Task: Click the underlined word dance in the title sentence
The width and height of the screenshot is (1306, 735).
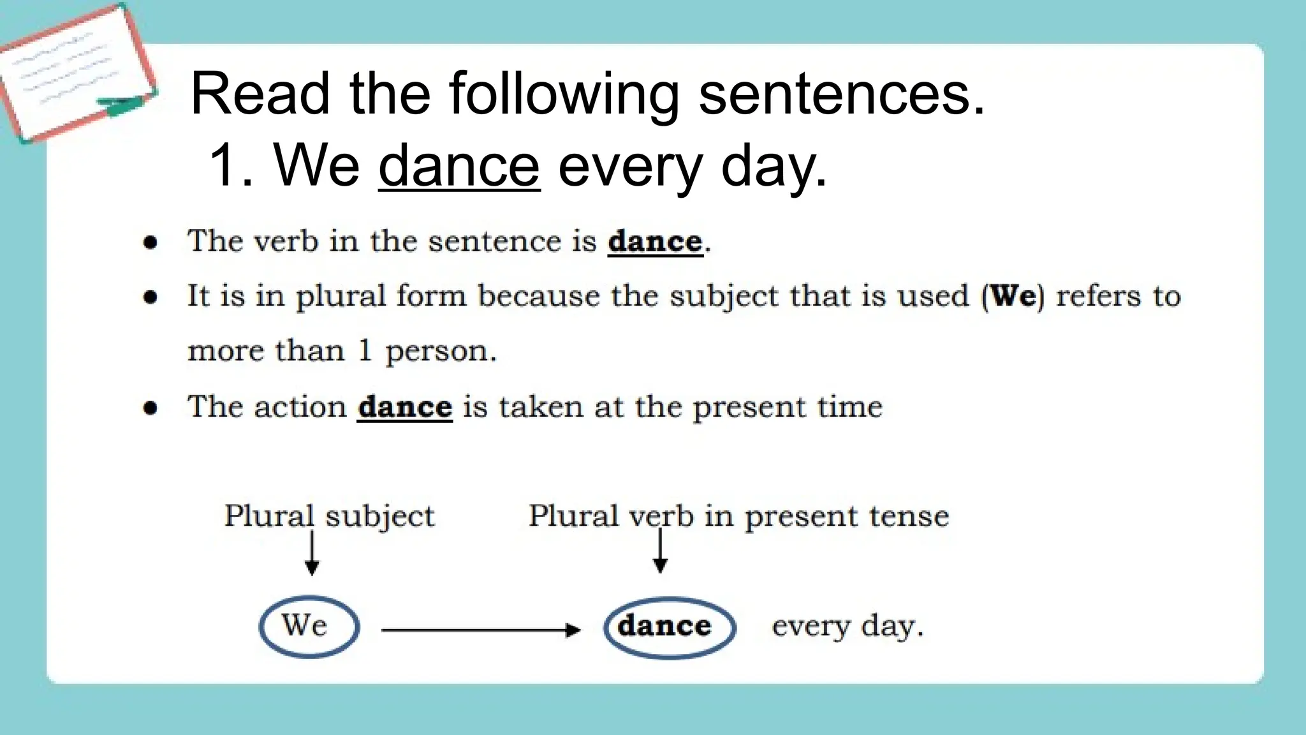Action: (459, 166)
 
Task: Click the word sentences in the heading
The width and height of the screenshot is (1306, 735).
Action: (842, 94)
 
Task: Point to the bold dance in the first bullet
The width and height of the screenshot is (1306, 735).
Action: (655, 242)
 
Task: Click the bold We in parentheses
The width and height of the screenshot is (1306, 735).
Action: (1013, 296)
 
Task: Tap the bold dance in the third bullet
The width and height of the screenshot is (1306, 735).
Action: (405, 407)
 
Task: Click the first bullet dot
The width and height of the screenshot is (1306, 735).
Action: (150, 242)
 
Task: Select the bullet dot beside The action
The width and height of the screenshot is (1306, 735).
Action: (150, 408)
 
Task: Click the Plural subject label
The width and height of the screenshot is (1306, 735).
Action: (329, 516)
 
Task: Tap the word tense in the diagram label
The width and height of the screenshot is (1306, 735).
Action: (911, 516)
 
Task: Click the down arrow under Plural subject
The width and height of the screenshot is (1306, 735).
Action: (312, 554)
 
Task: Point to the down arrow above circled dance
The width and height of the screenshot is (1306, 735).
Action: (661, 552)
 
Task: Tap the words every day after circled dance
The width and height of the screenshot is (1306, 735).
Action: (847, 626)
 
